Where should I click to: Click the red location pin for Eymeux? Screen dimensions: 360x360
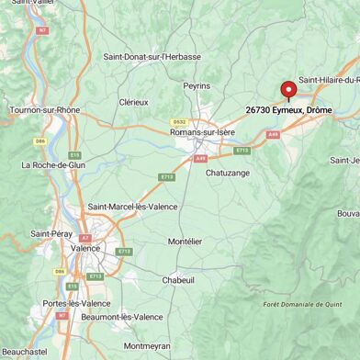[288, 90]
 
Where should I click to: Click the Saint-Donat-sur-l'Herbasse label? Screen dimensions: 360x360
[152, 56]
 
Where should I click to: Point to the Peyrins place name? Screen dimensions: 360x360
[197, 85]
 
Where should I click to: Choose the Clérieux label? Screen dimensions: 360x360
[134, 102]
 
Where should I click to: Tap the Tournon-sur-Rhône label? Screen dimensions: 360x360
[44, 110]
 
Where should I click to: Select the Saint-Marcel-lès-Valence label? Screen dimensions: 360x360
[131, 207]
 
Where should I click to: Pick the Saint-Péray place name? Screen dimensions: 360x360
[51, 234]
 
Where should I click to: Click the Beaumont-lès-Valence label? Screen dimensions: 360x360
[121, 317]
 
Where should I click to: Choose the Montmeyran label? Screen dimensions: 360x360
[148, 346]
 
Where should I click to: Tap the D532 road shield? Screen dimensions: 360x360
[178, 121]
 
